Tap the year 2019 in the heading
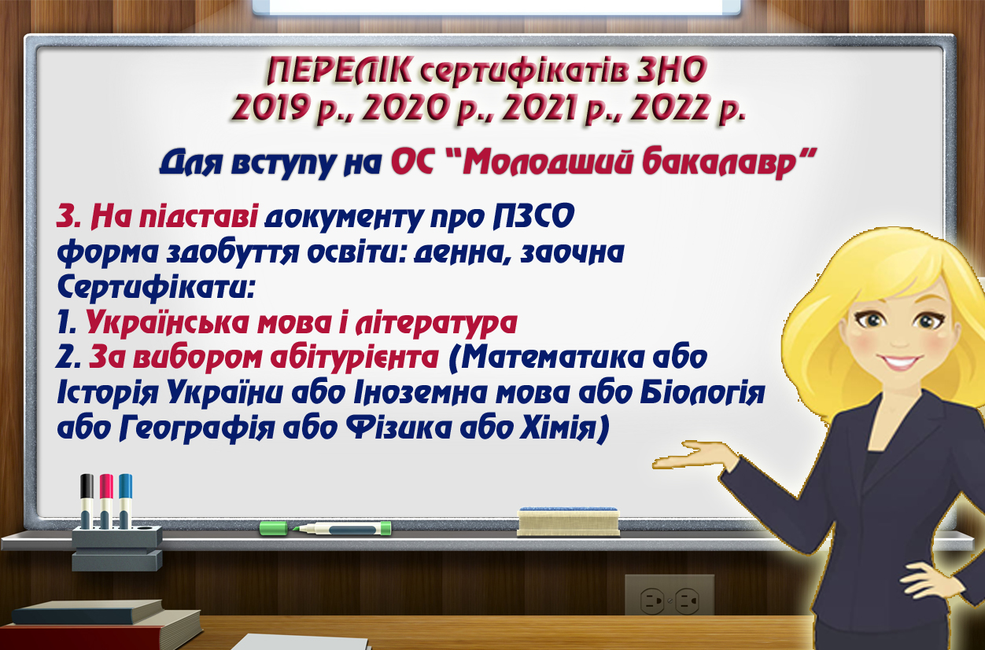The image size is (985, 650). tap(270, 107)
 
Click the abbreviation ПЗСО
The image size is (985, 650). tap(533, 216)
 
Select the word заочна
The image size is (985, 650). tap(572, 253)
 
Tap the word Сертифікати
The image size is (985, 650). tap(155, 288)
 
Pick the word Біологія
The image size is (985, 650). tap(703, 392)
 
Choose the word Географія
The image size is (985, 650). tap(197, 428)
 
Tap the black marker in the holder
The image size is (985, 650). tap(87, 501)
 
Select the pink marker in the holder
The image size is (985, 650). tap(106, 501)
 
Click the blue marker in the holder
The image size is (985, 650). tap(125, 501)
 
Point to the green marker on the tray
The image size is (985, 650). tap(326, 528)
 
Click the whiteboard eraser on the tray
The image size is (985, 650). tap(568, 522)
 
